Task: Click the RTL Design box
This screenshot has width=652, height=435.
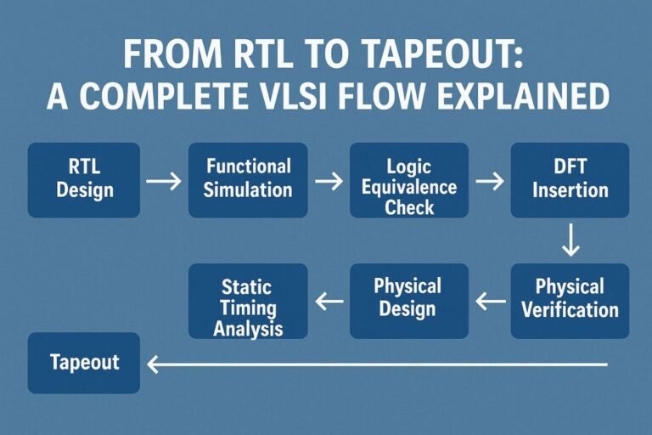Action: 84,179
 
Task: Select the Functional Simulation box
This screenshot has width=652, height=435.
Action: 247,179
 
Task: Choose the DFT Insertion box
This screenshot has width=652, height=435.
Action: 570,179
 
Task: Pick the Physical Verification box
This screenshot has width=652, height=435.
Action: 570,298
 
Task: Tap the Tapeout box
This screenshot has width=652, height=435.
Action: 84,363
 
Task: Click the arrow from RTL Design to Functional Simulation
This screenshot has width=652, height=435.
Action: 163,181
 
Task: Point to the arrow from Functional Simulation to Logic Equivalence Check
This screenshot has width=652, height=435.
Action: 329,181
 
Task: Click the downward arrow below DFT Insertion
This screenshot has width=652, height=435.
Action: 570,241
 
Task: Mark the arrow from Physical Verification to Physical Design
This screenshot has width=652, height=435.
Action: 490,300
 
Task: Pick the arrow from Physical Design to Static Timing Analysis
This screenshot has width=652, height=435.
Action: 329,300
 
